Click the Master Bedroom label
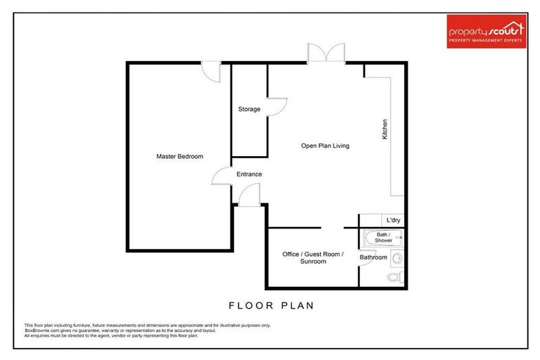pos(179,156)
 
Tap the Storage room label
pos(249,109)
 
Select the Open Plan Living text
pos(325,146)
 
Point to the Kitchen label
pos(385,129)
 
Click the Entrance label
pos(249,174)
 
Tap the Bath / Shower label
pos(383,238)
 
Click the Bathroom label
pos(373,257)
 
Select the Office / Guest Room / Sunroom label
pos(313,257)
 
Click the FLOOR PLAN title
pos(271,306)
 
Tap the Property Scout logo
pos(487,32)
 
